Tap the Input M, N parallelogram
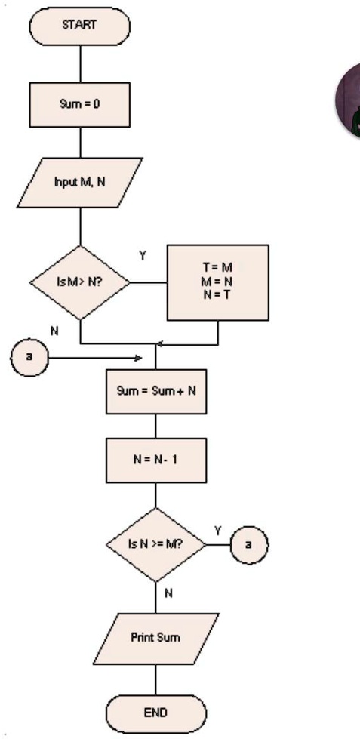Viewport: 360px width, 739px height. click(x=79, y=182)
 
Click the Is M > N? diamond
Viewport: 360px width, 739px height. click(x=79, y=283)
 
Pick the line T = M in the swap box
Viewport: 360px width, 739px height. click(x=217, y=266)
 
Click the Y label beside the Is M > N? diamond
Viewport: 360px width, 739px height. click(x=142, y=256)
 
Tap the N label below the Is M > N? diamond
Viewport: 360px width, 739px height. click(x=54, y=331)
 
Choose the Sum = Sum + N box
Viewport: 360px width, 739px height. click(x=155, y=392)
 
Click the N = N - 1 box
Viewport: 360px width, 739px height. click(x=155, y=460)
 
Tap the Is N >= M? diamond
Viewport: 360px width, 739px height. click(x=155, y=543)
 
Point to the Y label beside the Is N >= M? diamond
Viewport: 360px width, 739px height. click(x=217, y=531)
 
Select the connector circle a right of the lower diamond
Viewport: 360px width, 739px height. click(x=249, y=543)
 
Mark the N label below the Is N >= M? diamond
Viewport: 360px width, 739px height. click(x=168, y=593)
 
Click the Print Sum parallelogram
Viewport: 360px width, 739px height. click(x=155, y=638)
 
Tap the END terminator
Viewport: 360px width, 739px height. click(x=155, y=712)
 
